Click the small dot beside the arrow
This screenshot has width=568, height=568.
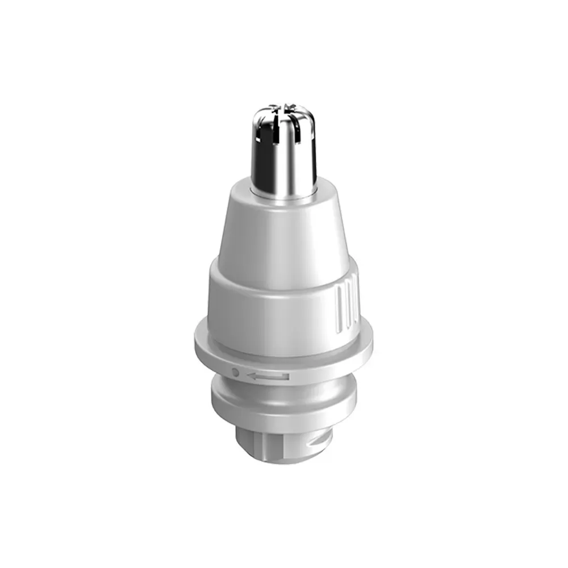coord(236,373)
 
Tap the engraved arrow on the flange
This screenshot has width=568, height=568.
coord(268,375)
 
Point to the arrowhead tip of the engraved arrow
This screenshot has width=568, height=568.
coord(248,375)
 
